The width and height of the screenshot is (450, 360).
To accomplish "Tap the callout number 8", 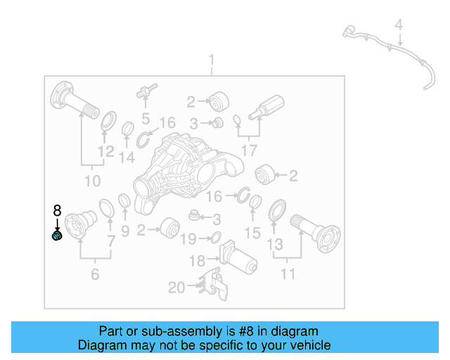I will pyautogui.click(x=57, y=210).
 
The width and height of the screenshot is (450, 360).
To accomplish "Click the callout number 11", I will pyautogui.click(x=288, y=274).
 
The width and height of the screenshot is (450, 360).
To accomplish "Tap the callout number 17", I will pyautogui.click(x=249, y=150).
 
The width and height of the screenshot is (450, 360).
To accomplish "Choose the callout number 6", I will pyautogui.click(x=95, y=274).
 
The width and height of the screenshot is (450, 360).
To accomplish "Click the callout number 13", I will pyautogui.click(x=274, y=245).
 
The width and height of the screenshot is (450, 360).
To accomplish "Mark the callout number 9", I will pyautogui.click(x=125, y=230).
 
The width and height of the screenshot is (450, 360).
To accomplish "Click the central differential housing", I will pyautogui.click(x=184, y=169).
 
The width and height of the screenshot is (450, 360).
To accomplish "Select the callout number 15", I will pyautogui.click(x=252, y=233).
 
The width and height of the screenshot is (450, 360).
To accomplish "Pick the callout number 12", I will pyautogui.click(x=105, y=151).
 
